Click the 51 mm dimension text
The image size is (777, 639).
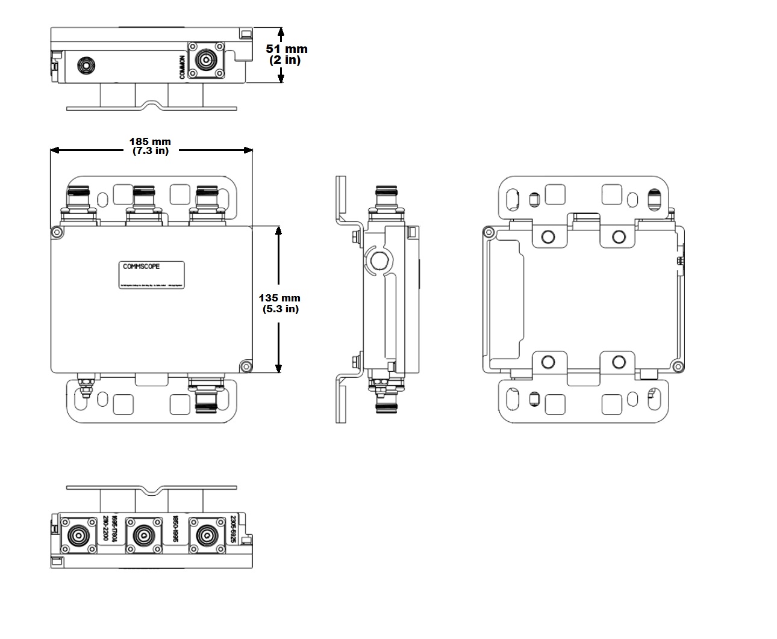pos(287,49)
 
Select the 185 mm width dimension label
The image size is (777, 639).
pos(150,142)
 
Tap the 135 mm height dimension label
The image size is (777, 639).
pos(279,298)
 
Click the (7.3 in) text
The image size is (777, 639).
pos(151,151)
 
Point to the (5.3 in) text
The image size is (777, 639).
pos(280,309)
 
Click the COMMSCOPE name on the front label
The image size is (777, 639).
pos(142,267)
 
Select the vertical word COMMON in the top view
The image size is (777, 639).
pos(183,67)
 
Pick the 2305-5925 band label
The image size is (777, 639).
pos(234,529)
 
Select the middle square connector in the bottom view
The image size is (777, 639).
pos(143,535)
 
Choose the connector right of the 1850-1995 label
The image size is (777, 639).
pos(206,535)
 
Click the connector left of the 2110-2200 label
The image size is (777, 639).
pos(79,535)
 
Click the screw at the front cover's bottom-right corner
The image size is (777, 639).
pos(245,366)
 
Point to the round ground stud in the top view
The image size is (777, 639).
pos(84,64)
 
